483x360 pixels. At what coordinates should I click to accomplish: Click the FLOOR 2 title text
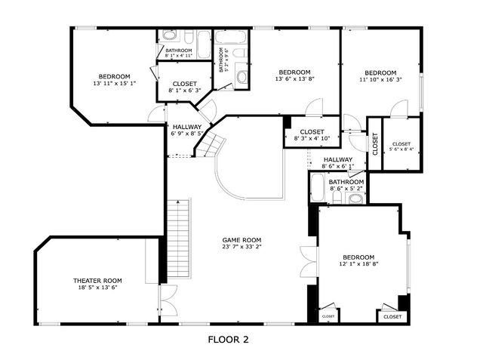[x=228, y=340]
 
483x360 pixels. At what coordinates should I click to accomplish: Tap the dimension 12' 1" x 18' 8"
[x=358, y=264]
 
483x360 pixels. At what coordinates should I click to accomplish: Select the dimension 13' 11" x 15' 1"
[x=114, y=84]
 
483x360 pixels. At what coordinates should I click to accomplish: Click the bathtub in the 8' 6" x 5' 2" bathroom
[x=318, y=189]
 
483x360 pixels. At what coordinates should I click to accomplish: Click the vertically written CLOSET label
[x=375, y=143]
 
